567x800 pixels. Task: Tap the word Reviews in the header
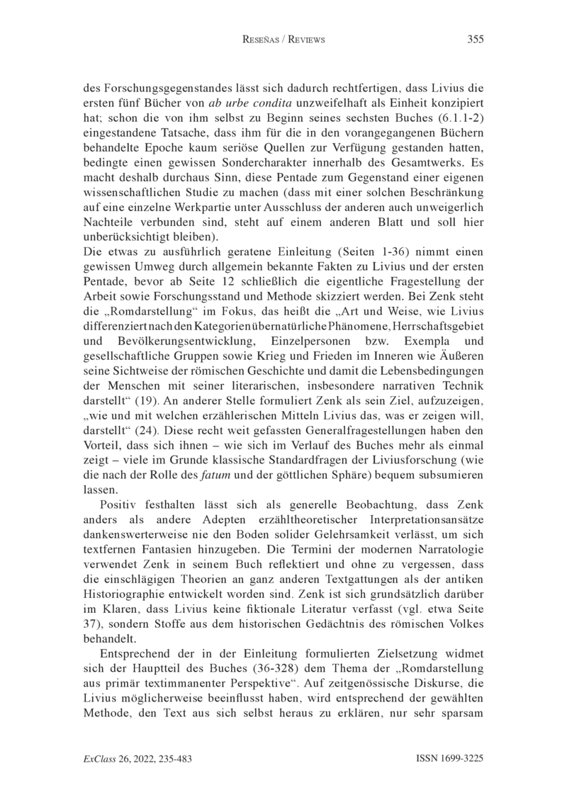coord(305,40)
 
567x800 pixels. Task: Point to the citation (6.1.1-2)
coord(455,117)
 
